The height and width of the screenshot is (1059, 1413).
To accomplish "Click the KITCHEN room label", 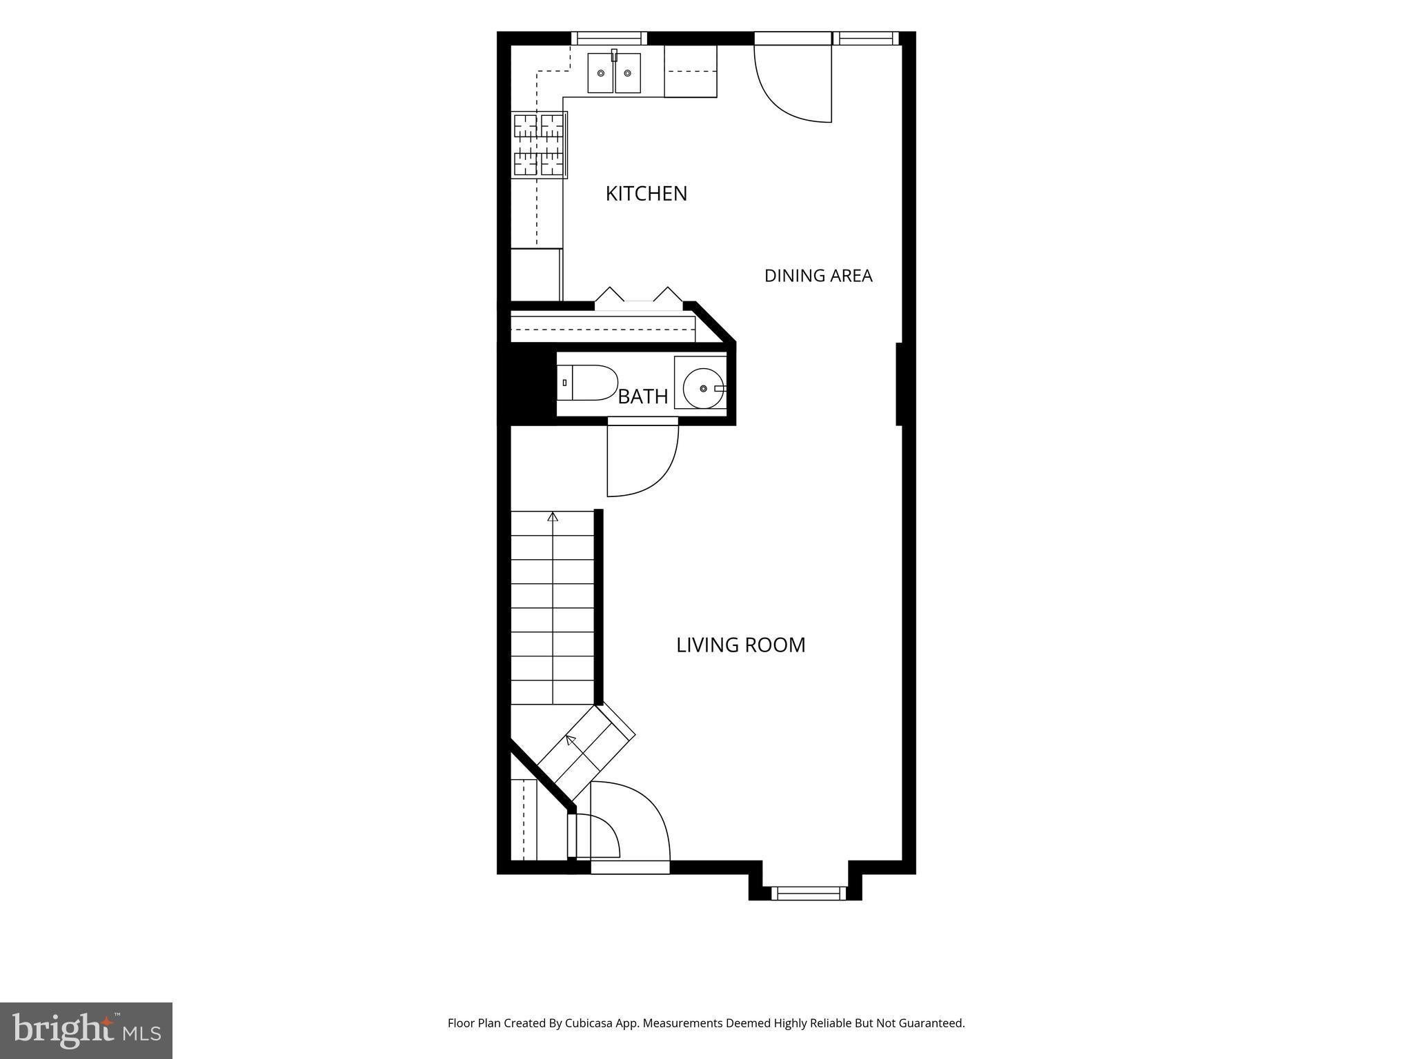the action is pos(646,194).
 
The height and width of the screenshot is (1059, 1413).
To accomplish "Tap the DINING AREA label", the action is pos(818,276).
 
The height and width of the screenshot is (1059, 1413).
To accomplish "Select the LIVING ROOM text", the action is pos(740,645).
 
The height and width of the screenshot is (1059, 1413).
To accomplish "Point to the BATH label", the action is pos(643,396).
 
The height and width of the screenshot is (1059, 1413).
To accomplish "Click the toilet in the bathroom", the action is pos(587,383).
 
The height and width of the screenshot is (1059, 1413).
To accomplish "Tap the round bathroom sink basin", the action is pos(703,389).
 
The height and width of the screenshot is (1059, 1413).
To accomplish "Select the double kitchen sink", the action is pos(614,72).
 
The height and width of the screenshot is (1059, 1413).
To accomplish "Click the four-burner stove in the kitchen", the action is pos(540,145).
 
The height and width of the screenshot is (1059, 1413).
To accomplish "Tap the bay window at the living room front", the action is pos(808,894).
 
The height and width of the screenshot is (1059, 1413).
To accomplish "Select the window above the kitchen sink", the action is pos(609,38).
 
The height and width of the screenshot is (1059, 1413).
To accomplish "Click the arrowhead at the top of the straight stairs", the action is pos(553,516).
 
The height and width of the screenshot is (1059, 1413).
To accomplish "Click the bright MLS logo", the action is pos(86,1031).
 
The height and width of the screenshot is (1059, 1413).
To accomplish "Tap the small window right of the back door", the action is pos(866,38).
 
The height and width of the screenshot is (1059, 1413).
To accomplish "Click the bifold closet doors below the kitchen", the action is pos(639,294).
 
